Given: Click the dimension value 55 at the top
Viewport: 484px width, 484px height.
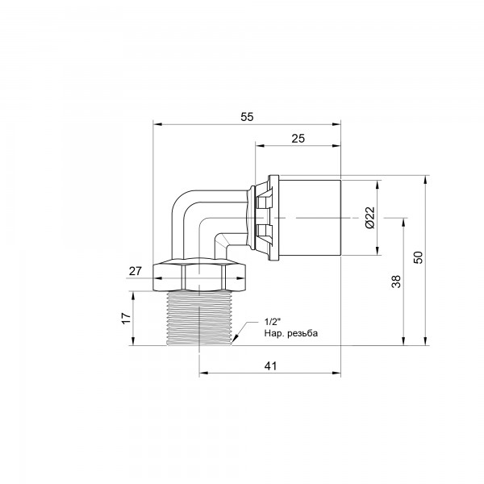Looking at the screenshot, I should coord(247,116).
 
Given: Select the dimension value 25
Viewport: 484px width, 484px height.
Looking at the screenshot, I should coord(298,139).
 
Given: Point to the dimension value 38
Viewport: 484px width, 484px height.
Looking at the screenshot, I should coord(395,282).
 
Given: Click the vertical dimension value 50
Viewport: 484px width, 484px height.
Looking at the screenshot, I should coord(418,258).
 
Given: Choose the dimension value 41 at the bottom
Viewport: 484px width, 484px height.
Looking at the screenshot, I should coord(270,365).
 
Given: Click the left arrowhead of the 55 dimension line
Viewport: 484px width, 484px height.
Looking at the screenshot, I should coord(156,124).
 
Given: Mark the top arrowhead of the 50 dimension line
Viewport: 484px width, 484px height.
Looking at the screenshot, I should coord(425,177).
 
